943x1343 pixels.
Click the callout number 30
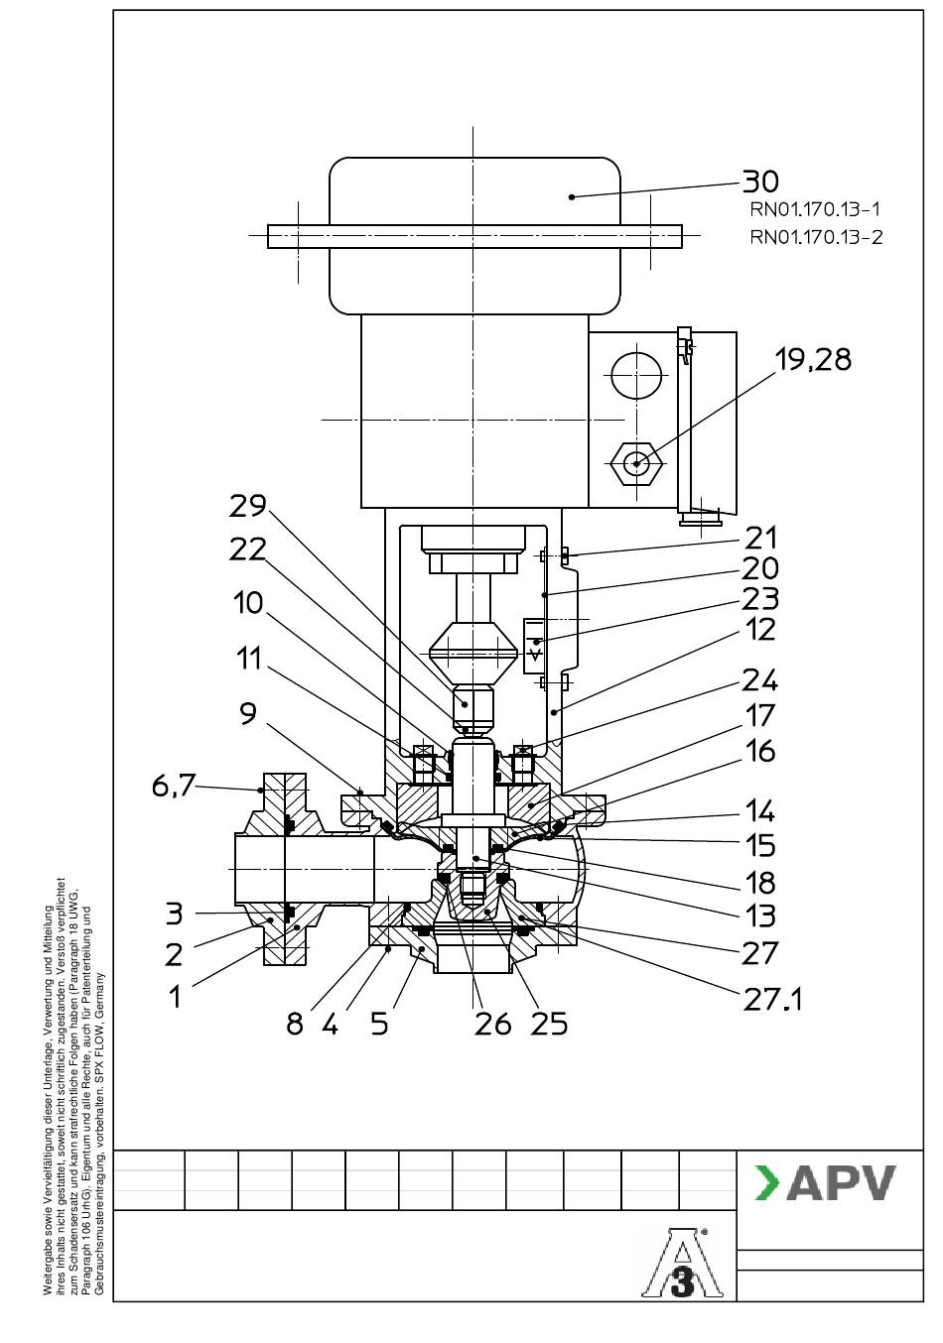[760, 181]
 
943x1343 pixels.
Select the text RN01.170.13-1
[815, 210]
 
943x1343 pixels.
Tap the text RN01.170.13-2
[816, 237]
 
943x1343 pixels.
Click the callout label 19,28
[812, 360]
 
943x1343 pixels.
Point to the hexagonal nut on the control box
[636, 463]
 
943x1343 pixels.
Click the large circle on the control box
[636, 376]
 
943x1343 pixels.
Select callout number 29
[248, 506]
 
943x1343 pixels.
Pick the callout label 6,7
[174, 786]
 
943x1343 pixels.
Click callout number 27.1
[772, 999]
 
